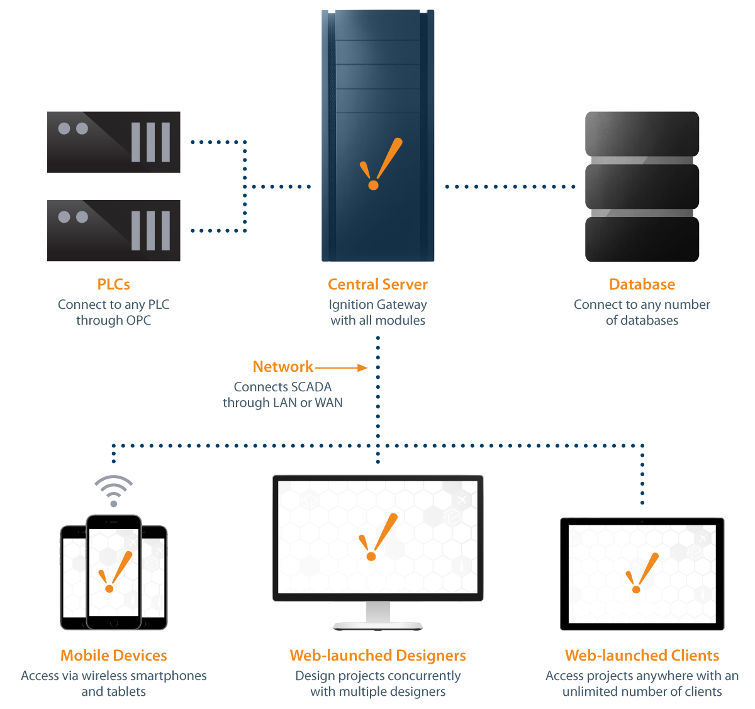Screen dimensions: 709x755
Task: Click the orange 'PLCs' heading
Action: [x=113, y=284]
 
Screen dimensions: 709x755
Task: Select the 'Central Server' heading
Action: [x=377, y=284]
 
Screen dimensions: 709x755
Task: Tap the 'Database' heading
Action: [x=642, y=284]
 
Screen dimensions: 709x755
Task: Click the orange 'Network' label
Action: [x=282, y=367]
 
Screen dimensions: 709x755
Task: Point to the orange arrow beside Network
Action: [x=342, y=368]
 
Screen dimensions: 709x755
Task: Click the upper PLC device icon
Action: [x=114, y=142]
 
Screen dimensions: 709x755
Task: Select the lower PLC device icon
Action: [x=114, y=230]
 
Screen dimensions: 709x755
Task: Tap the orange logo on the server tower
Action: [x=380, y=164]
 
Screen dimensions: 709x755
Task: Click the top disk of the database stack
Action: [x=642, y=133]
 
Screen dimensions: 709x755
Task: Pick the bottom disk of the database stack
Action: [x=642, y=239]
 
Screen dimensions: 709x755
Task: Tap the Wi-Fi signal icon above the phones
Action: [x=113, y=490]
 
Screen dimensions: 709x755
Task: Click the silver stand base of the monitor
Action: [x=377, y=626]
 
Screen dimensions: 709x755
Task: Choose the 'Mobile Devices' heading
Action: [x=113, y=656]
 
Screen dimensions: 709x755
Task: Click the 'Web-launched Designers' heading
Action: [x=377, y=656]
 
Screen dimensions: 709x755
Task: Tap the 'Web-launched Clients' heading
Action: [x=642, y=656]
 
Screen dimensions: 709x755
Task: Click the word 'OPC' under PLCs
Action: [x=138, y=320]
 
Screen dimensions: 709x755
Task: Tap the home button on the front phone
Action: [x=114, y=623]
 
